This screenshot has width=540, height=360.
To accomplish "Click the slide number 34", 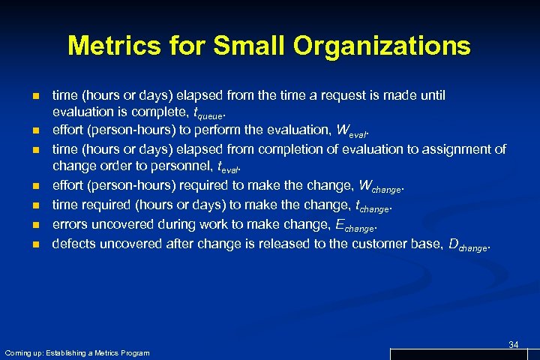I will point(513,344).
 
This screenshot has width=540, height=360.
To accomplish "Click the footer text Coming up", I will point(25,352).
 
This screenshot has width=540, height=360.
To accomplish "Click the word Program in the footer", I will point(134,352).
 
